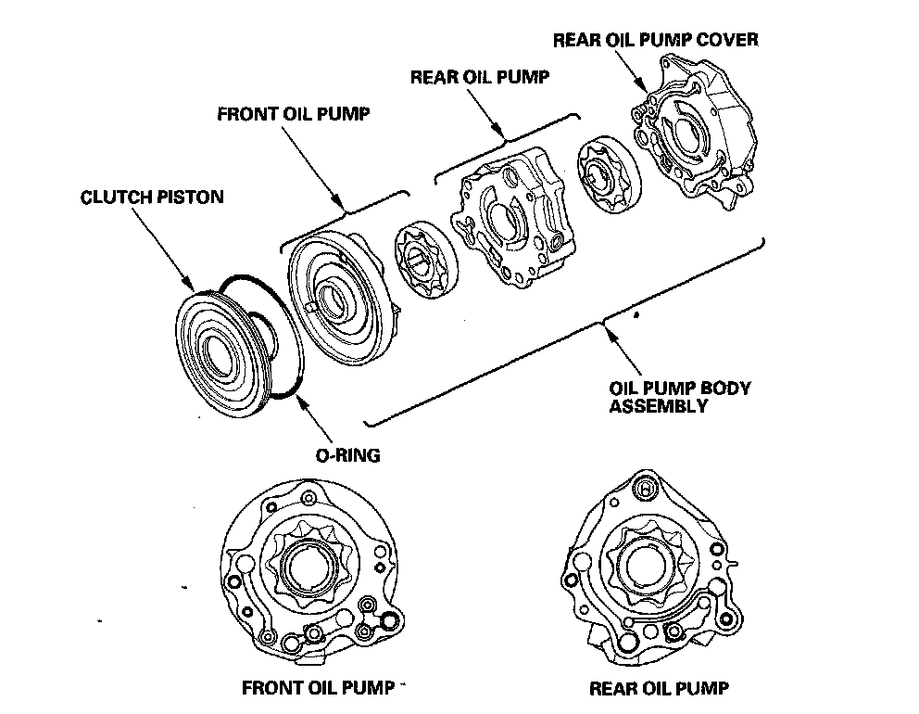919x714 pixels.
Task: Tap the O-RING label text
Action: (x=346, y=455)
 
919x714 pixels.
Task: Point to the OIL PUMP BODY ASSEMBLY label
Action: (x=678, y=397)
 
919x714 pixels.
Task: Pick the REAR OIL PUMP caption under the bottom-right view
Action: (x=659, y=688)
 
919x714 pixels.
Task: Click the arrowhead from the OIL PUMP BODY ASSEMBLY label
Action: (x=605, y=326)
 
